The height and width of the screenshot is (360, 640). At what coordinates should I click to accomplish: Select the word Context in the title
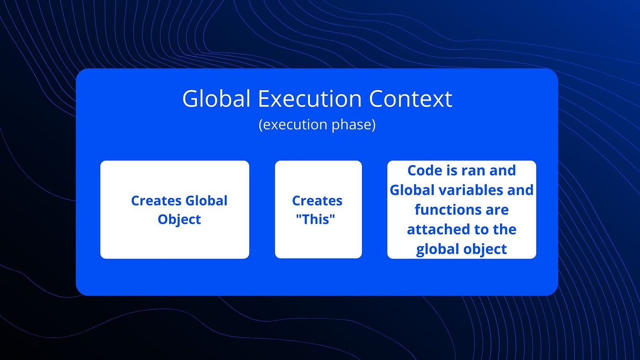click(x=411, y=99)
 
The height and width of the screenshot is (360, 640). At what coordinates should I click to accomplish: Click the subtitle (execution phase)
click(x=317, y=125)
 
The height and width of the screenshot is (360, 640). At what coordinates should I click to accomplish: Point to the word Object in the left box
click(x=179, y=219)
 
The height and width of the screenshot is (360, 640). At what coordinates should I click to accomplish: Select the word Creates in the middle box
click(x=317, y=201)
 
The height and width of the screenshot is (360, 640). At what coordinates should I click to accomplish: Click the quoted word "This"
click(x=316, y=219)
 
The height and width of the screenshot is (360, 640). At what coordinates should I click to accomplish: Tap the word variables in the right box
click(x=471, y=190)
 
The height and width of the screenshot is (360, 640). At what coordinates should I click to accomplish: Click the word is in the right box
click(x=451, y=170)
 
